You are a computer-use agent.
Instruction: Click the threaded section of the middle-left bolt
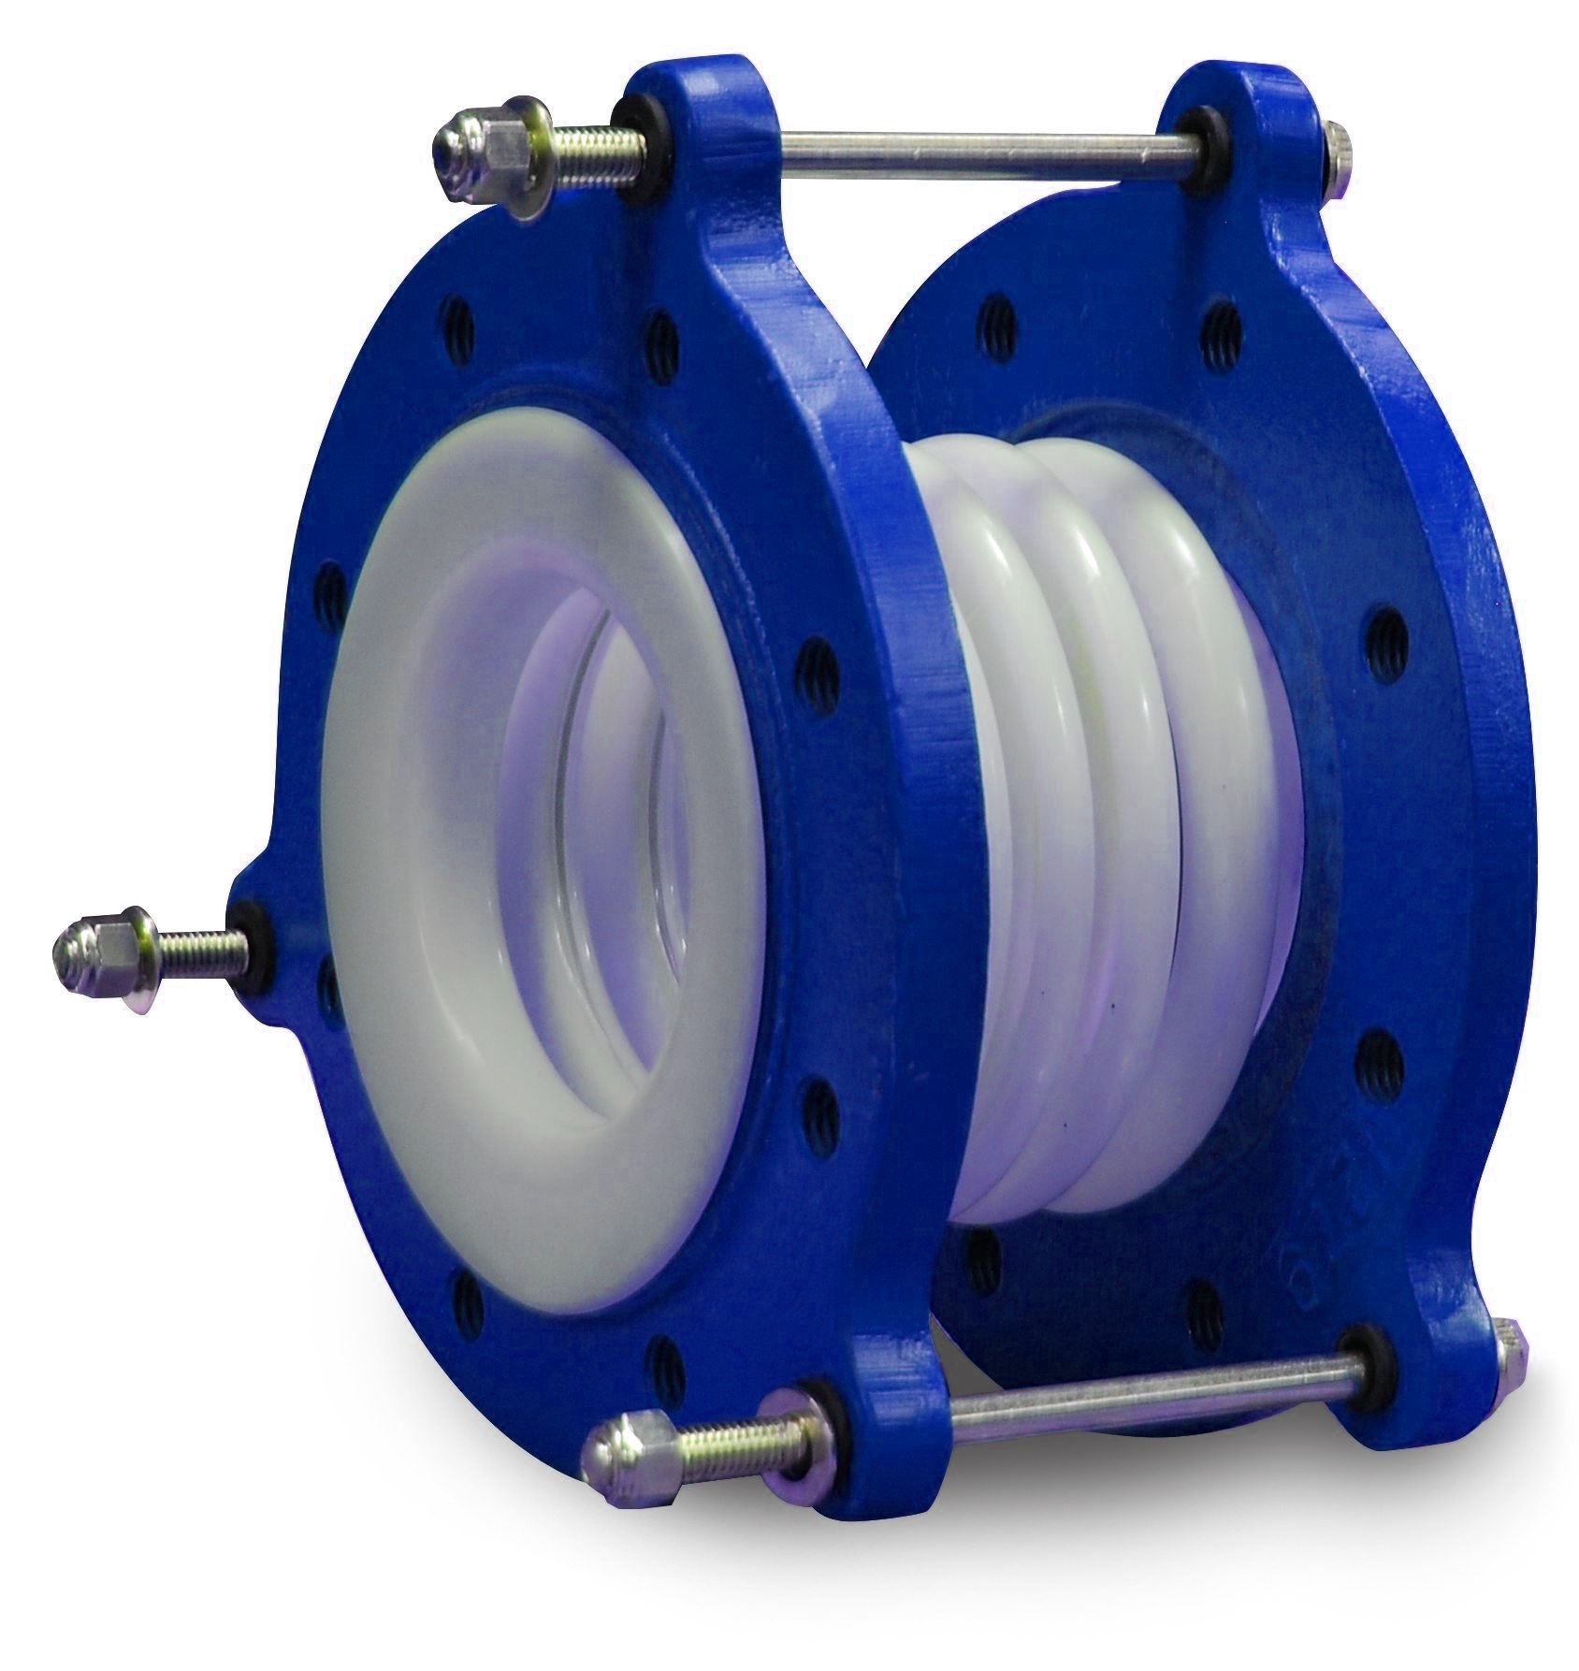tap(196, 940)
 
